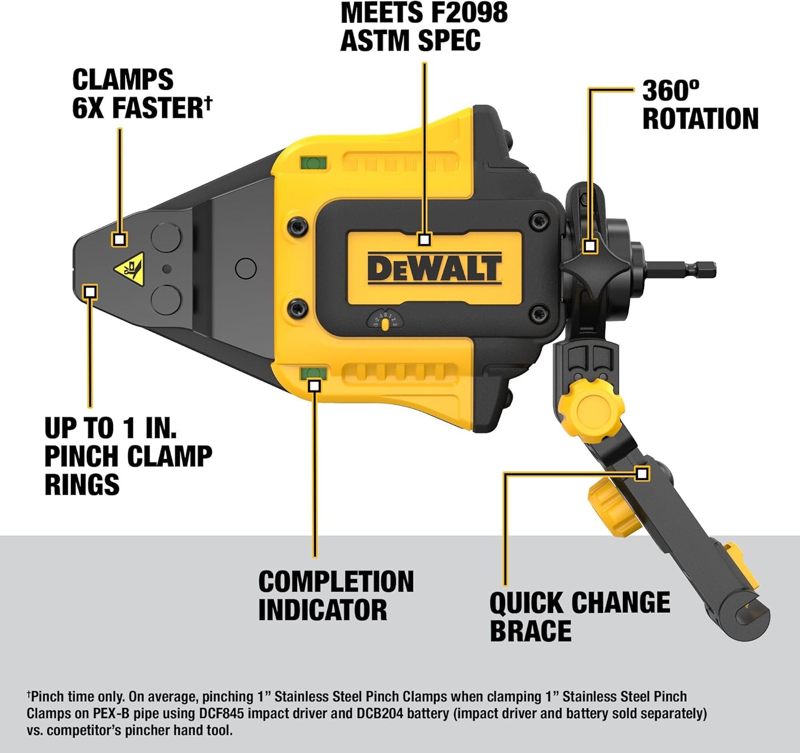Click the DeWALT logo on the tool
click(434, 268)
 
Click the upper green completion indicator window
click(313, 163)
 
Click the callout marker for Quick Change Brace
click(642, 474)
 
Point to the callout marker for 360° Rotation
click(589, 246)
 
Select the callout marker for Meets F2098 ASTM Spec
click(424, 239)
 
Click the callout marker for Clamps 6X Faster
click(119, 239)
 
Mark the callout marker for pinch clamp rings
click(91, 292)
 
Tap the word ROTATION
click(700, 119)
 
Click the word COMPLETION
click(336, 582)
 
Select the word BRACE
click(531, 631)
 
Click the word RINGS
click(82, 485)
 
